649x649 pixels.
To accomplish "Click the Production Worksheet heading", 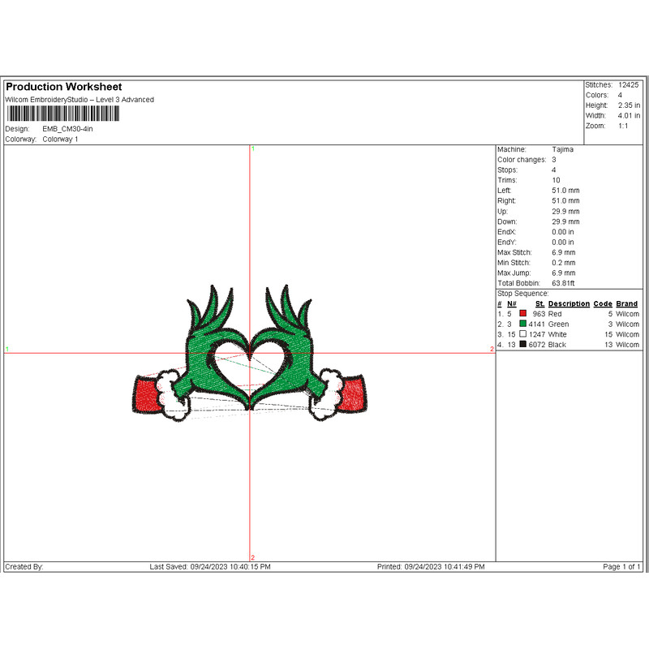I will pos(63,87).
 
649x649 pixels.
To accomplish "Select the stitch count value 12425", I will pos(629,84).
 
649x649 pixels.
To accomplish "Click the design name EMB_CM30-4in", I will pos(72,129).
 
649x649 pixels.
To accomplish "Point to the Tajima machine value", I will pos(562,150).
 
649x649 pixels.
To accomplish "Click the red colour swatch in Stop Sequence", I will pos(523,313).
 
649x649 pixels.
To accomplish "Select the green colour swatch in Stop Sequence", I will pos(523,324).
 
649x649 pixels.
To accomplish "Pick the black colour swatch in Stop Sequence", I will pos(523,345).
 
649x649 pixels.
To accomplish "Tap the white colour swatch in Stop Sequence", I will pos(523,334).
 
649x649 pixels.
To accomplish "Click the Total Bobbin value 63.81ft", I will pos(563,283).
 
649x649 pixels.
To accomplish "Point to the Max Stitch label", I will pos(514,252).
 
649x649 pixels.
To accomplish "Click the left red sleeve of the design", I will pos(145,396).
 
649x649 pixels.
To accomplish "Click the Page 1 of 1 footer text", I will pos(622,566).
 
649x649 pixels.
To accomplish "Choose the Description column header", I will pos(569,303).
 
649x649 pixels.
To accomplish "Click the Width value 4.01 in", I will pos(630,116).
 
